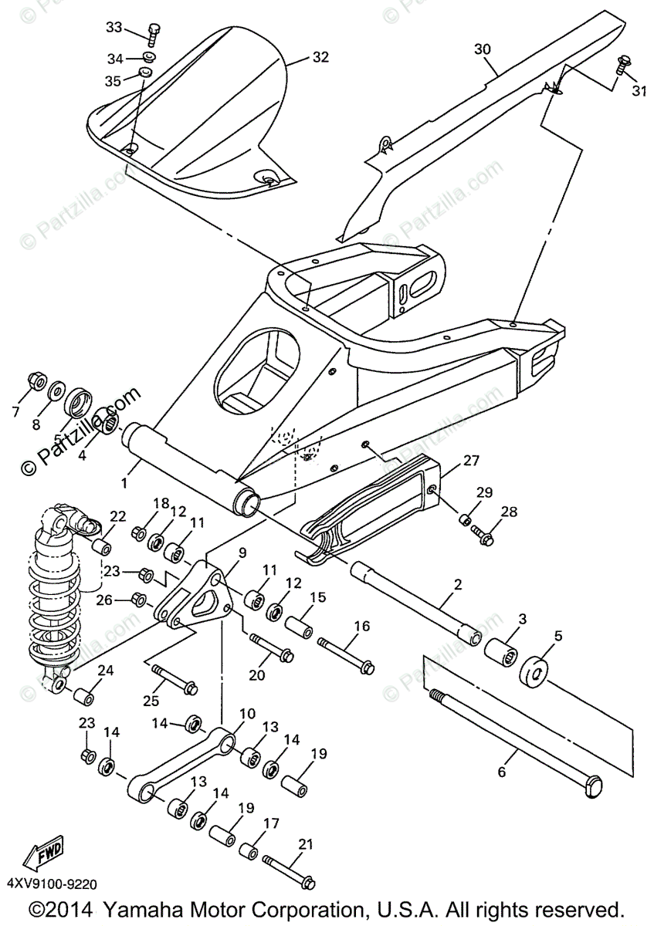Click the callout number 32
(x=320, y=57)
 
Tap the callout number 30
(x=482, y=49)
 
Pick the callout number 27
(x=471, y=461)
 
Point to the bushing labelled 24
(x=83, y=695)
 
